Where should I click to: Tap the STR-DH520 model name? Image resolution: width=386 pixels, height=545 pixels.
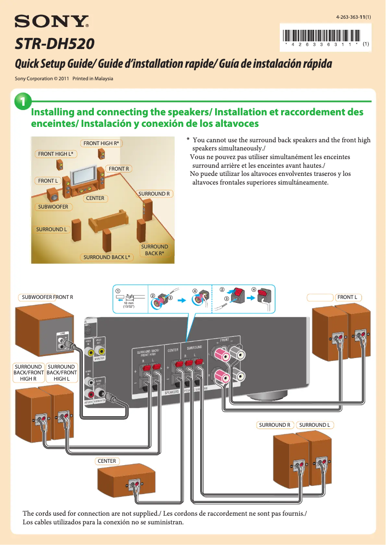click(54, 45)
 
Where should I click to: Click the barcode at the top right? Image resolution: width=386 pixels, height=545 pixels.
click(322, 36)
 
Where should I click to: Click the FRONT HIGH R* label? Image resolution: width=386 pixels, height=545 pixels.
click(101, 143)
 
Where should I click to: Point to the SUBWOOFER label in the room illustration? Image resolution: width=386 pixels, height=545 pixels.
click(53, 207)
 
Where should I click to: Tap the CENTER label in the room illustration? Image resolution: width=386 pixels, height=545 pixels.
click(95, 198)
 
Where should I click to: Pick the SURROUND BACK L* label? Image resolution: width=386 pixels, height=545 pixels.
click(108, 257)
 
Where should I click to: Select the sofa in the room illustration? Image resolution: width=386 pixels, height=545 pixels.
click(108, 222)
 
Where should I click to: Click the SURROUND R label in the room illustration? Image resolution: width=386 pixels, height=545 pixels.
click(154, 194)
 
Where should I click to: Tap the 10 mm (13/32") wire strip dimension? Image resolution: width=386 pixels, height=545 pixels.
click(128, 305)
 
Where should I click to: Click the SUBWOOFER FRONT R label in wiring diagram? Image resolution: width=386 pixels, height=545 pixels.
click(47, 297)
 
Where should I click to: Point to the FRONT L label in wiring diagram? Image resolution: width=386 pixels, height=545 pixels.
click(347, 297)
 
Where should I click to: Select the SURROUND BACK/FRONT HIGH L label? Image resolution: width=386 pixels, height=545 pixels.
click(62, 372)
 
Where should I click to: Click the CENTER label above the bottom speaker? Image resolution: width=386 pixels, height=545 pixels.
click(107, 461)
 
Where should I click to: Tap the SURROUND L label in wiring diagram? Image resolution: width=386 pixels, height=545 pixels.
click(314, 425)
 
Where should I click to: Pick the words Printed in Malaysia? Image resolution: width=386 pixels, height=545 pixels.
click(93, 78)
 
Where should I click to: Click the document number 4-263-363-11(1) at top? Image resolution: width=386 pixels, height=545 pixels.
click(350, 17)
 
